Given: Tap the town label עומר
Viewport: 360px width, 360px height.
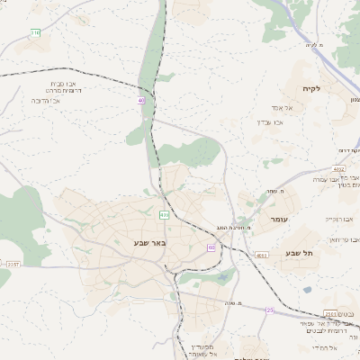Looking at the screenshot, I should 277,219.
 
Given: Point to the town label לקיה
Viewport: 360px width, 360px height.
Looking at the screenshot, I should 324,88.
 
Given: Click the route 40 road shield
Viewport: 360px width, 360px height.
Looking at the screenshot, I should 141,101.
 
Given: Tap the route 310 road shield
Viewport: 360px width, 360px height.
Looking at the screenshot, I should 35,33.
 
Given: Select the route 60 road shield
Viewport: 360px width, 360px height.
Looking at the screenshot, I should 211,247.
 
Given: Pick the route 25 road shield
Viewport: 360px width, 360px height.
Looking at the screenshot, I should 270,310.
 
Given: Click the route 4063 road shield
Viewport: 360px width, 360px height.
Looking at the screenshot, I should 261,256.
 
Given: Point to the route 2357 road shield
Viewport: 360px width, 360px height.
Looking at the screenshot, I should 12,265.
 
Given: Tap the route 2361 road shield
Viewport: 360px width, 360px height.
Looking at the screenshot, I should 331,313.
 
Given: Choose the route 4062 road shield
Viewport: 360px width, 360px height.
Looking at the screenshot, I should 338,169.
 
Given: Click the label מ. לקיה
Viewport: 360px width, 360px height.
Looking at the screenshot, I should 314,44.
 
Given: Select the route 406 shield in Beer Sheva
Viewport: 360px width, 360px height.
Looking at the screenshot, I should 164,215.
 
